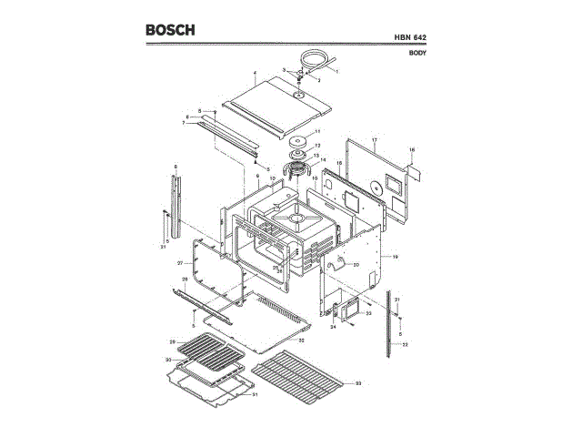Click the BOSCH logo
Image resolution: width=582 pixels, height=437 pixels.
pos(170,30)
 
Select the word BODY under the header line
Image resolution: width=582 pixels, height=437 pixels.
pos(418,53)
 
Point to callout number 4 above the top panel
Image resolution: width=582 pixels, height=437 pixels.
pos(255,73)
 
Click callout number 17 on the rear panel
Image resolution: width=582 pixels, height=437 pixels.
pos(374,141)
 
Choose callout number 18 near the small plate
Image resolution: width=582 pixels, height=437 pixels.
pos(411,148)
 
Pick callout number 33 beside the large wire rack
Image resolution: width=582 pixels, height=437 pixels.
pos(358,384)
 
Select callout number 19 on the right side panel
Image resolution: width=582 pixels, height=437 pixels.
pos(396,258)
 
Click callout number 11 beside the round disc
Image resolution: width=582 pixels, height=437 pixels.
pos(318,133)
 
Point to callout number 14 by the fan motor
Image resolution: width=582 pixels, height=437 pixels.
pos(322,159)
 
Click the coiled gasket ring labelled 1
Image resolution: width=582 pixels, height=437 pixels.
pos(316,59)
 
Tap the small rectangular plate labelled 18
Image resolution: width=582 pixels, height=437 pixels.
pos(412,170)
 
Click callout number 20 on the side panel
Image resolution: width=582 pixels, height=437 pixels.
pos(356,264)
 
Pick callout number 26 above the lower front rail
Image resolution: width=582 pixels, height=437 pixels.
pos(185,279)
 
